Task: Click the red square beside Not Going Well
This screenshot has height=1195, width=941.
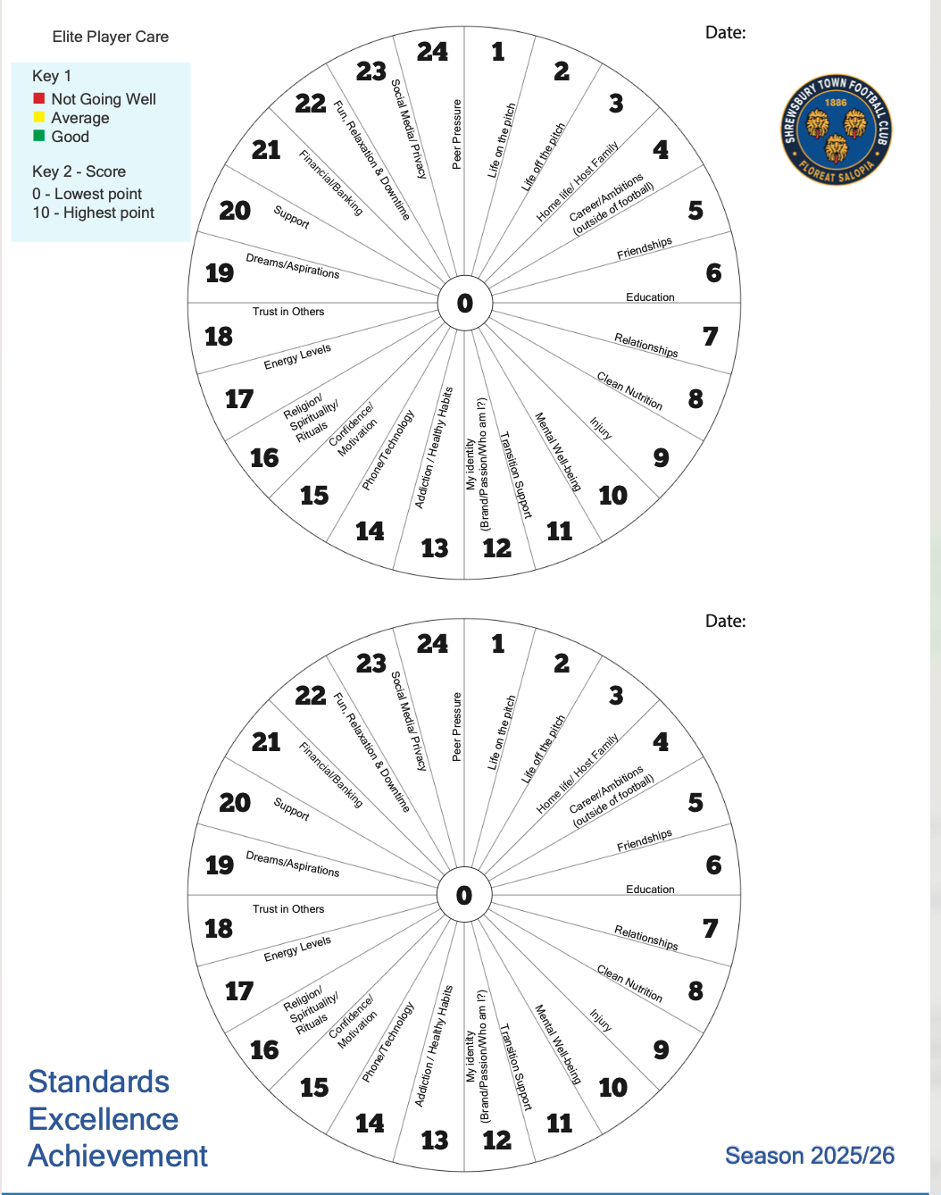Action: tap(39, 98)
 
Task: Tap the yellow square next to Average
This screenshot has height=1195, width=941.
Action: tap(39, 117)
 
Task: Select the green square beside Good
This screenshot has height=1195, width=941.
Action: tap(39, 136)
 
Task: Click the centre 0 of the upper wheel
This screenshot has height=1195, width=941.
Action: tap(464, 304)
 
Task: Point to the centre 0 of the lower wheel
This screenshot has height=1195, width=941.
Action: tap(464, 895)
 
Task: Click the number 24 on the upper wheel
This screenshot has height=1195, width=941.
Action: tap(432, 52)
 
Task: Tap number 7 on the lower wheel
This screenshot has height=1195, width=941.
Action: tap(710, 929)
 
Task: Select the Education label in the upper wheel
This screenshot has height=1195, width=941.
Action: tap(650, 297)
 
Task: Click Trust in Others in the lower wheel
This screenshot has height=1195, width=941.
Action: tap(288, 909)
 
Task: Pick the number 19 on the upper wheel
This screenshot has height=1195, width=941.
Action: tap(220, 272)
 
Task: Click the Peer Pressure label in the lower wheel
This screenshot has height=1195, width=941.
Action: tap(457, 726)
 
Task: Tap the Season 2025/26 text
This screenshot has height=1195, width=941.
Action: tap(809, 1156)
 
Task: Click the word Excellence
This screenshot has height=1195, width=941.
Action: tap(104, 1119)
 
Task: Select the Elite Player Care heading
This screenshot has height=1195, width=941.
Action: tap(110, 37)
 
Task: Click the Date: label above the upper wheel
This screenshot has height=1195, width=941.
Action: tap(725, 33)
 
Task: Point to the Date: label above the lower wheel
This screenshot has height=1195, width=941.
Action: tap(725, 621)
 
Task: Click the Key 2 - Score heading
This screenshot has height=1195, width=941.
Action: tap(79, 171)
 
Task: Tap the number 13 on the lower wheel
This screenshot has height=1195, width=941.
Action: tap(435, 1140)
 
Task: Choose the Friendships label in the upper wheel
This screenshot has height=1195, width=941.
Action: tap(645, 249)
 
